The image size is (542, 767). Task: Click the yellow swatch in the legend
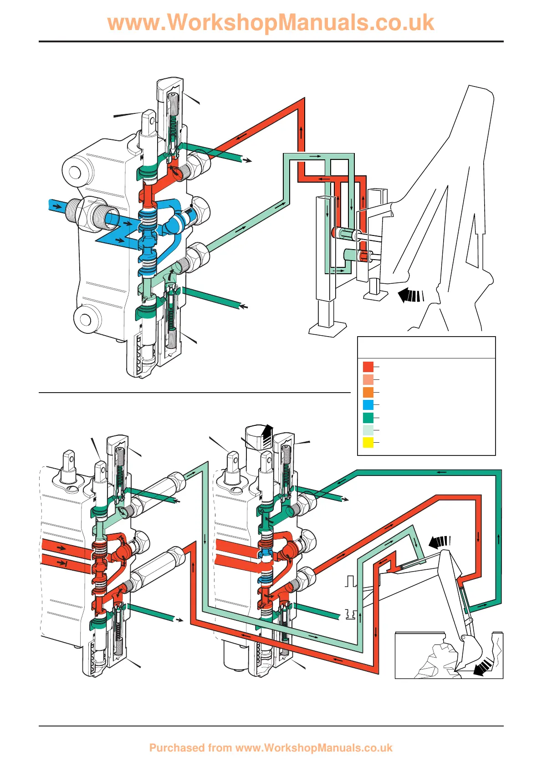(x=368, y=443)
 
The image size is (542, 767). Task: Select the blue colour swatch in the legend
(x=368, y=405)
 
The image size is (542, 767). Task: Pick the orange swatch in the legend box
(x=368, y=392)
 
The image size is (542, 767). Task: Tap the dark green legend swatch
(x=368, y=418)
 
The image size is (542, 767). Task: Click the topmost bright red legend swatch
(x=368, y=367)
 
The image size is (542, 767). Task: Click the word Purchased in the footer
(x=177, y=748)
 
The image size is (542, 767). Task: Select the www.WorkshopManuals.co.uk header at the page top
(x=271, y=23)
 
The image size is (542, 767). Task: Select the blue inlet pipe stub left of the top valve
(x=57, y=206)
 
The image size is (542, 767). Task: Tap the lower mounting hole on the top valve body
(x=86, y=319)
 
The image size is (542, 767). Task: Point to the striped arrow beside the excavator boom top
(x=440, y=542)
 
